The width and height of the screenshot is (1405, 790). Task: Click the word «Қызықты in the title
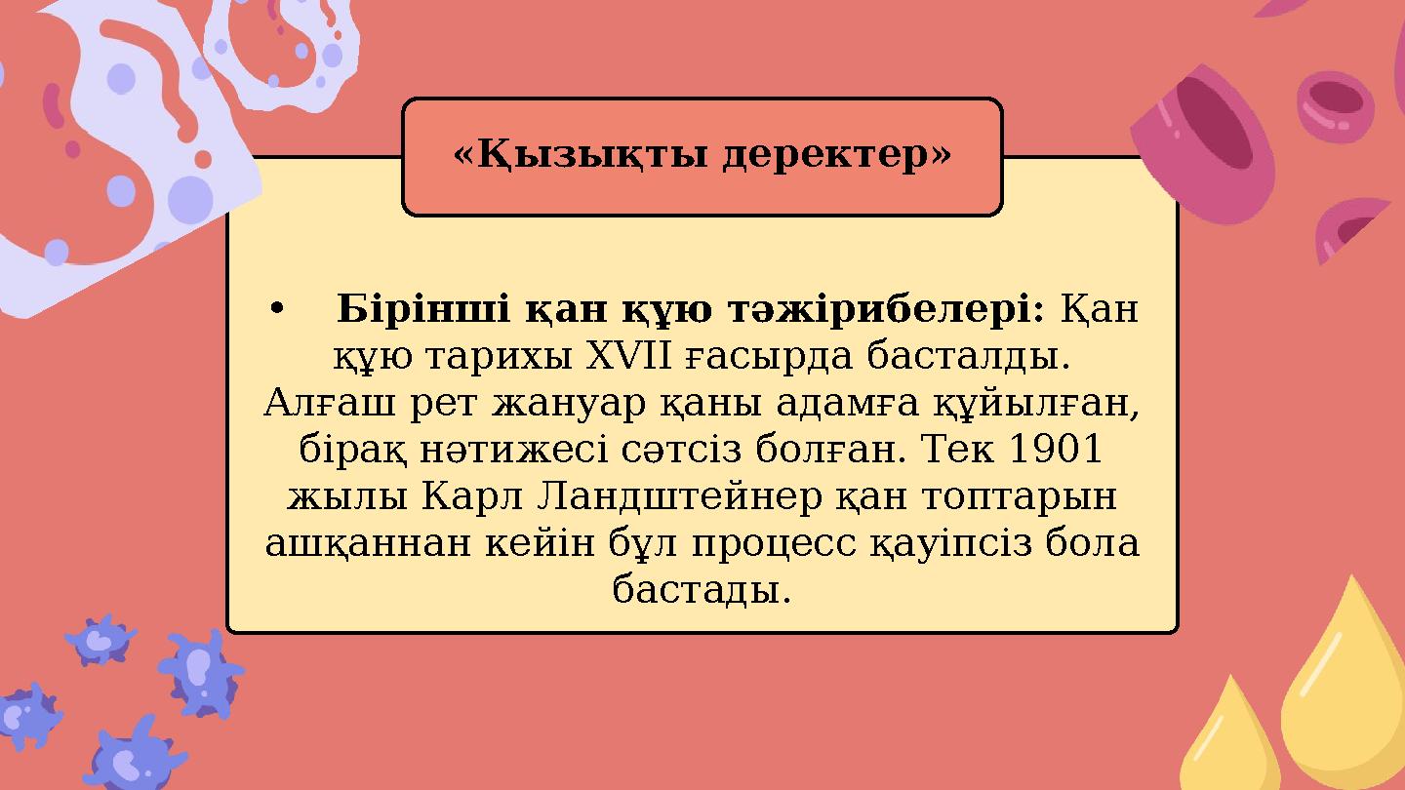[582, 155]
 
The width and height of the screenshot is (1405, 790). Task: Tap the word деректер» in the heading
[837, 155]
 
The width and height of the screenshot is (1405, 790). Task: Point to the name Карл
[473, 496]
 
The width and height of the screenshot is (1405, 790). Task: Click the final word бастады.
[702, 589]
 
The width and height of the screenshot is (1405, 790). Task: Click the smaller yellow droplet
[1231, 741]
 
